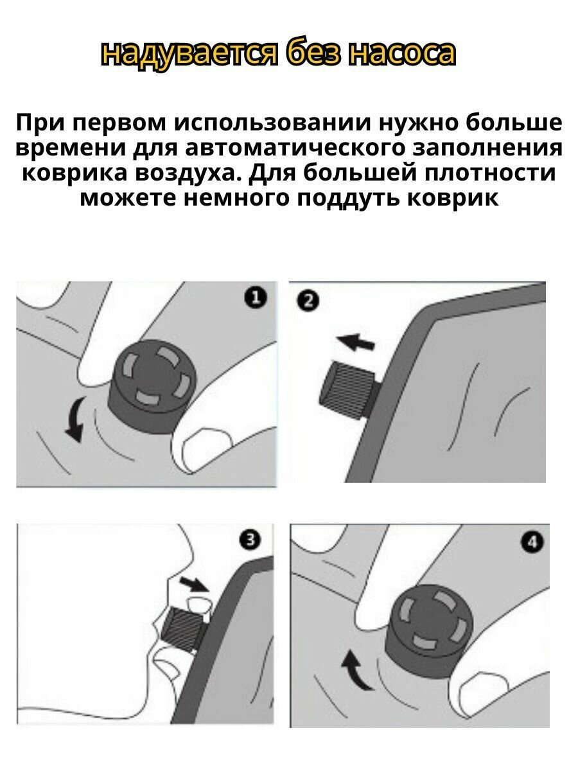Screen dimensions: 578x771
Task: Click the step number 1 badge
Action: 255,298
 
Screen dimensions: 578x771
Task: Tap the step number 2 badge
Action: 308,301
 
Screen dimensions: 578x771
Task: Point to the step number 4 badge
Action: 532,542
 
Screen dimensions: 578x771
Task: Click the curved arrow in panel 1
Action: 74,419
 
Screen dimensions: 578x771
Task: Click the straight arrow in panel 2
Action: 355,342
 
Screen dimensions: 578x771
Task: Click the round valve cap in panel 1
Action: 154,386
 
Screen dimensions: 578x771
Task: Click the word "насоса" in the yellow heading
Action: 402,54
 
